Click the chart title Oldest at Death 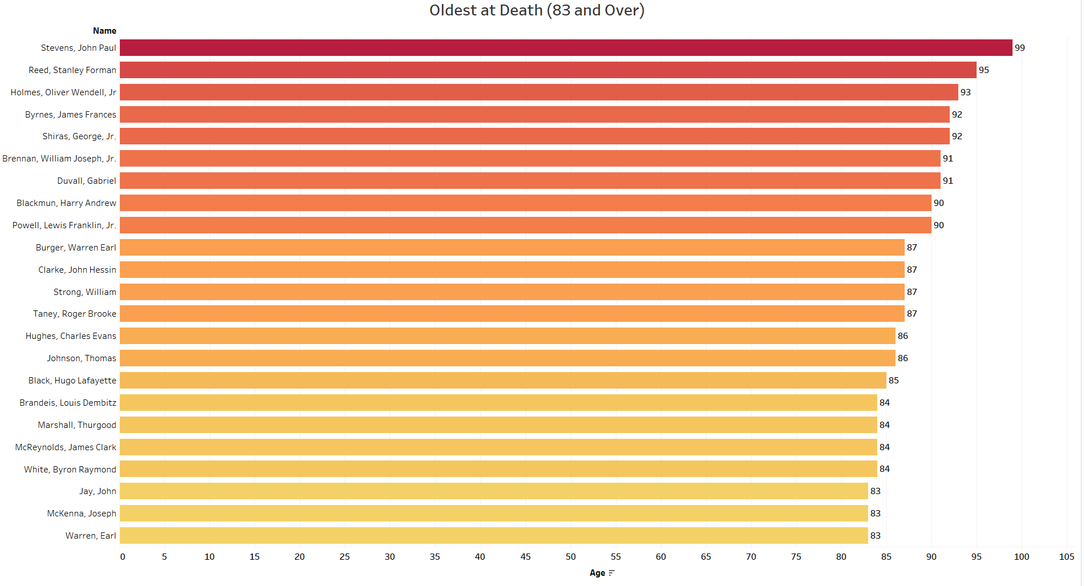pos(537,10)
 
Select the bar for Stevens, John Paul pos(565,48)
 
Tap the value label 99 pos(1019,48)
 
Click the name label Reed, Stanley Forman pos(72,70)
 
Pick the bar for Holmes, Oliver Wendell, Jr pos(538,92)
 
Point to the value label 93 pos(965,92)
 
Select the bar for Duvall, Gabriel pos(530,181)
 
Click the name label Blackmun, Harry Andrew pos(66,203)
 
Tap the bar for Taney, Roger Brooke pos(511,314)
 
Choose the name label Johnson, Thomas pos(82,358)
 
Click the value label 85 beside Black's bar pos(893,381)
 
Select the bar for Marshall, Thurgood pos(498,425)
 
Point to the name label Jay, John pos(98,491)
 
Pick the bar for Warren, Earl pos(493,536)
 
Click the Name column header pos(104,31)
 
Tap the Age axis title pos(597,573)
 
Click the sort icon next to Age pos(612,573)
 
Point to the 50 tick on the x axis pos(570,557)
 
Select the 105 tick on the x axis pos(1066,557)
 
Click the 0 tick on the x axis pos(123,557)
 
